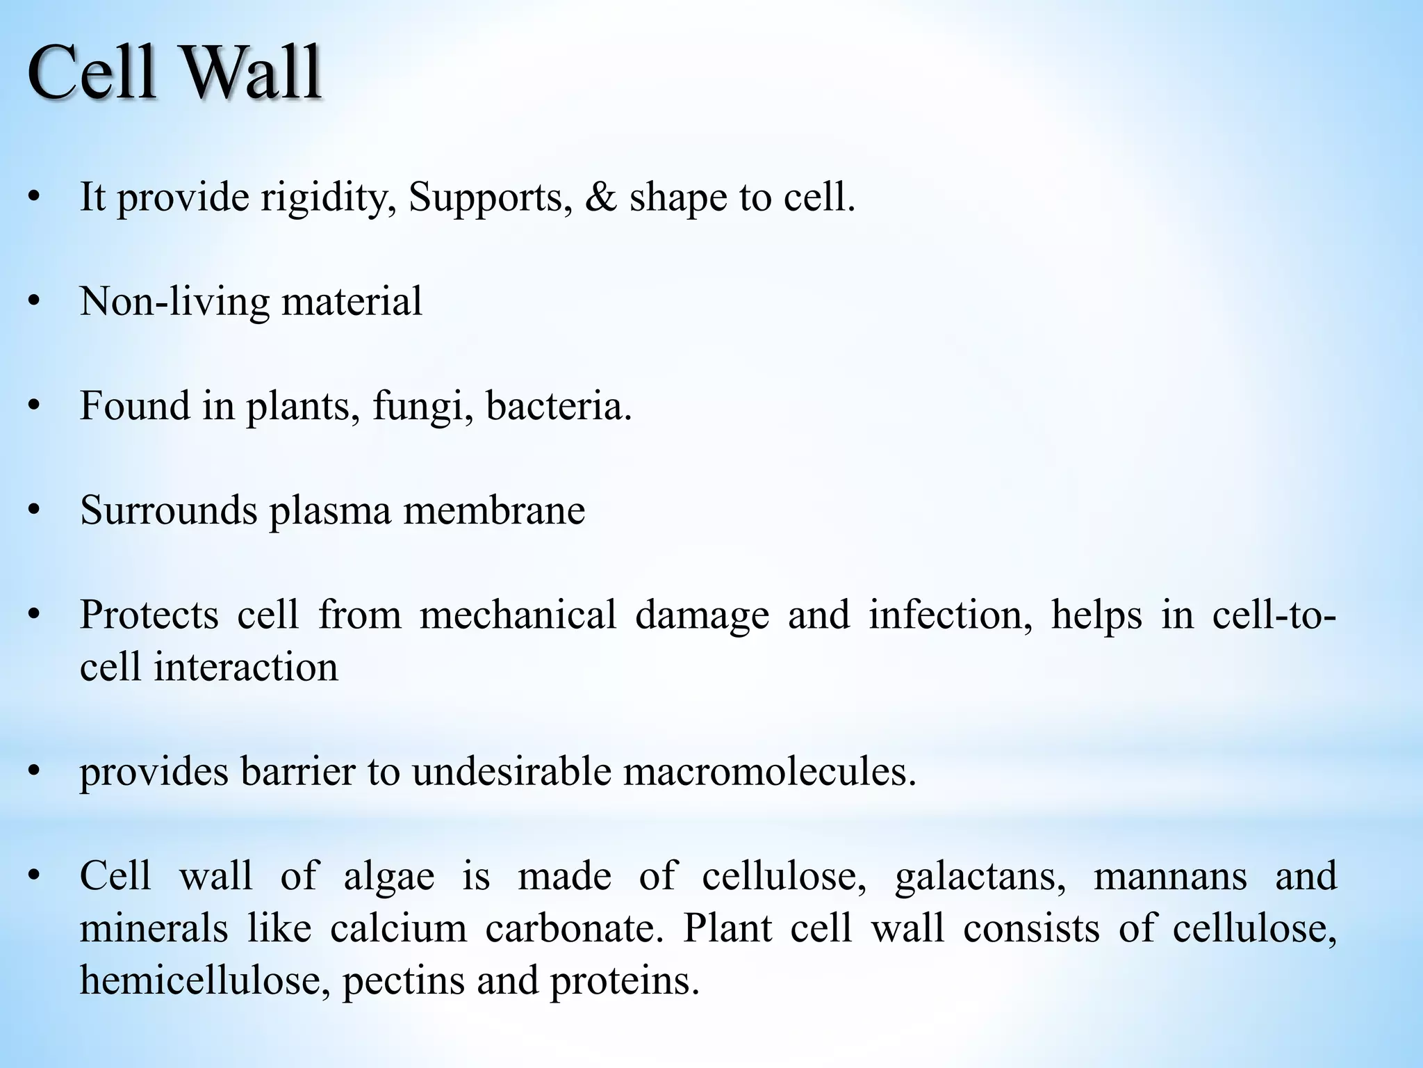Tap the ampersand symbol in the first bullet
pos(600,197)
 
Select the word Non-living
pos(174,302)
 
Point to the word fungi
pos(418,407)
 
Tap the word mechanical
pos(518,615)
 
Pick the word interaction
pos(246,667)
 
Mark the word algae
pos(389,876)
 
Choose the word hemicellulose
pos(205,980)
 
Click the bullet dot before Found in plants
pos(33,406)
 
